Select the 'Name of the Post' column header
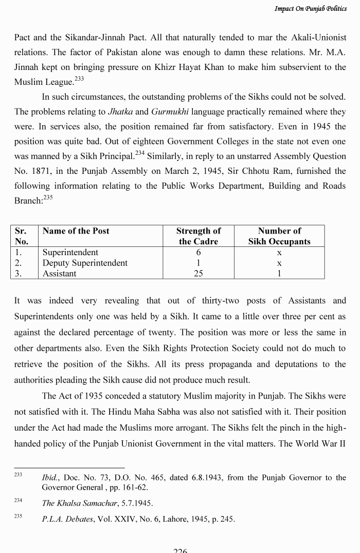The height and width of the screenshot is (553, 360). tap(76, 231)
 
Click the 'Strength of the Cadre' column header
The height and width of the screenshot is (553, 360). tap(198, 236)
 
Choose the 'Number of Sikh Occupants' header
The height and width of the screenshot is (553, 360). tap(279, 236)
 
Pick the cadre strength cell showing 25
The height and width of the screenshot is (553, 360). tap(198, 274)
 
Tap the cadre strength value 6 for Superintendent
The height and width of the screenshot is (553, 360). tap(198, 253)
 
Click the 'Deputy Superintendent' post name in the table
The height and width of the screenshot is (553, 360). tap(85, 263)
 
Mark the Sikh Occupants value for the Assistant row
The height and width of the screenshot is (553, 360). tap(279, 274)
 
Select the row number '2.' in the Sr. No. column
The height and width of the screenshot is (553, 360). tap(19, 263)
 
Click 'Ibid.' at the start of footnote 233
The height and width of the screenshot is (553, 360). tap(50, 478)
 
